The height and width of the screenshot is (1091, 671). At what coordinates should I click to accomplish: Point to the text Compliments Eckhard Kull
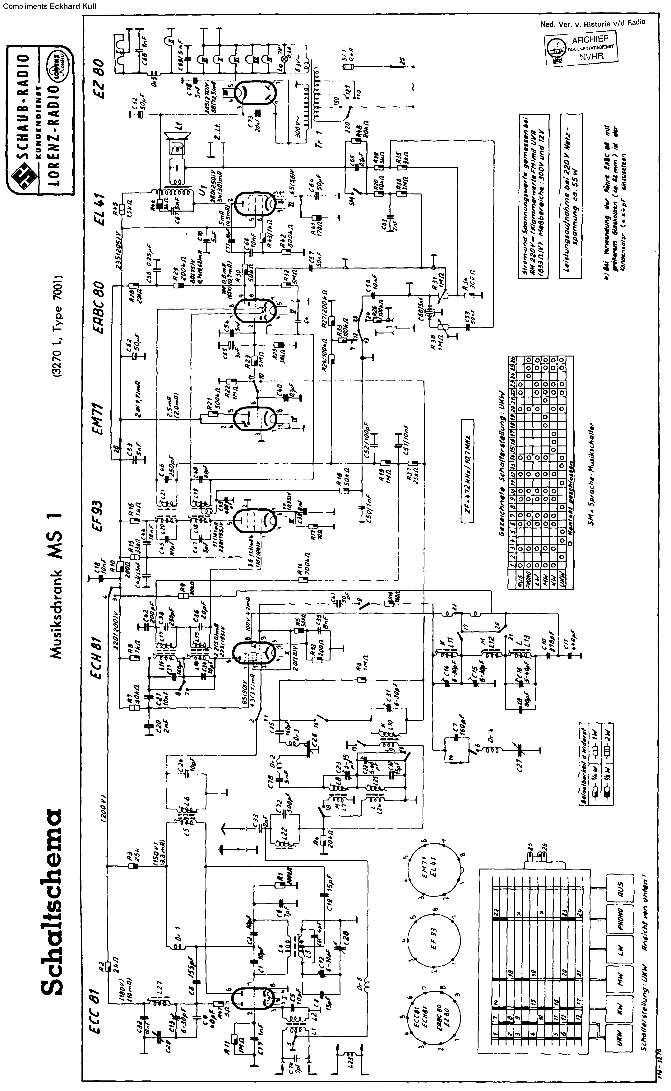tap(49, 6)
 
